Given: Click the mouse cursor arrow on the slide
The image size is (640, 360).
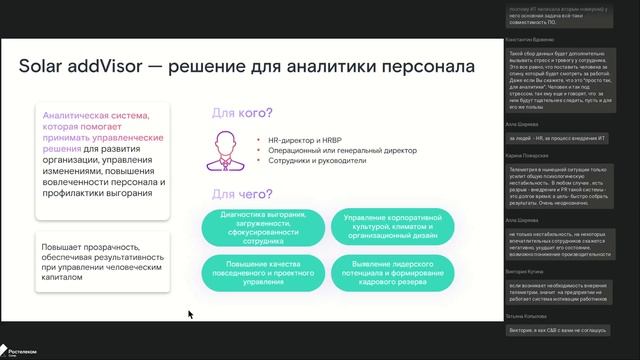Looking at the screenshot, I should (190, 314).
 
